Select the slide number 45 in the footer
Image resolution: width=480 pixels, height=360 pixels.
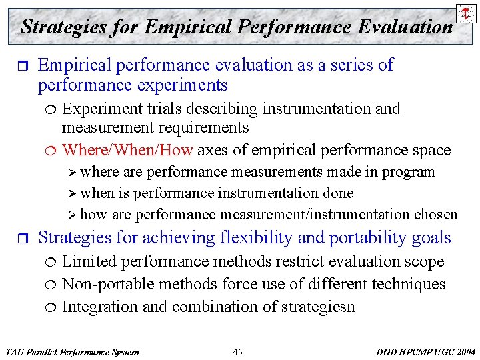(x=238, y=351)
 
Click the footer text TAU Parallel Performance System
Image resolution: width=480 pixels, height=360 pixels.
(x=72, y=351)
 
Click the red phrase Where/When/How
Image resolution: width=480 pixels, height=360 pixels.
(x=127, y=150)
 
